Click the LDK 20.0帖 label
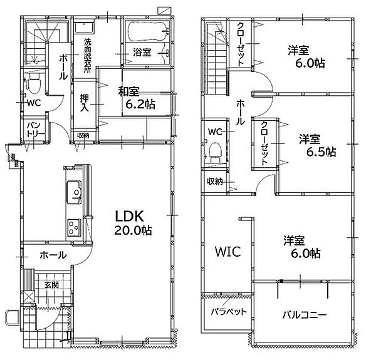(133, 223)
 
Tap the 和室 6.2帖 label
(137, 98)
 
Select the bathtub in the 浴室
(147, 32)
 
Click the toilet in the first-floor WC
(34, 84)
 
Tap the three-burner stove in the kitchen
(74, 227)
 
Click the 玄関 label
(51, 285)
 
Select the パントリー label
(36, 130)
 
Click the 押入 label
(85, 103)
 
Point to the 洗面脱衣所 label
(88, 56)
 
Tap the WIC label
(228, 252)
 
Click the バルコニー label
(305, 315)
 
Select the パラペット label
(229, 312)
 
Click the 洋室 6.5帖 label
(317, 146)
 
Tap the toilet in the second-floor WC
(215, 153)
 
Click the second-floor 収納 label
(215, 182)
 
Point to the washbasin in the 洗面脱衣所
(84, 28)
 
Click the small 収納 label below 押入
(83, 136)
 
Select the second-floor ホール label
(240, 113)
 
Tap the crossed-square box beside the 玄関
(29, 297)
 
